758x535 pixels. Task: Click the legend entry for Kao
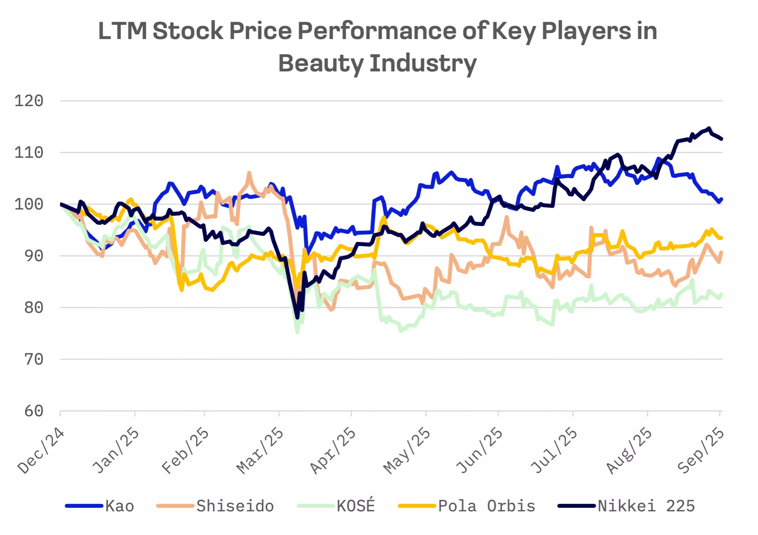point(119,506)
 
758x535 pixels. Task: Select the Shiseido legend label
point(235,506)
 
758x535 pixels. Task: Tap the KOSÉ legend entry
point(355,506)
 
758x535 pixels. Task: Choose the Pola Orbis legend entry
point(486,506)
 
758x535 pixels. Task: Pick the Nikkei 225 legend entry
point(646,506)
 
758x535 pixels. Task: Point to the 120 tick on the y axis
point(29,101)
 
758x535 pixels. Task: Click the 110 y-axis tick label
point(29,153)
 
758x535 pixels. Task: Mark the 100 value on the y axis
point(29,204)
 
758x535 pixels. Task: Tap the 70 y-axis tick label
point(34,359)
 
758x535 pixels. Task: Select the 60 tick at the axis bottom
point(34,411)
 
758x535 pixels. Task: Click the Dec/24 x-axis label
point(41,451)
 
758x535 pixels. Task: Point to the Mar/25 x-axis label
point(260,451)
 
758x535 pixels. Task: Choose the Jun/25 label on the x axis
point(479,451)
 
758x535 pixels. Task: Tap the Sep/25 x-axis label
point(700,451)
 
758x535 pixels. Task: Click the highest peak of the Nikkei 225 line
point(709,128)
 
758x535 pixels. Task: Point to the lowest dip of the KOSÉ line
point(297,332)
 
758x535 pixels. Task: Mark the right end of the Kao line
point(721,199)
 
